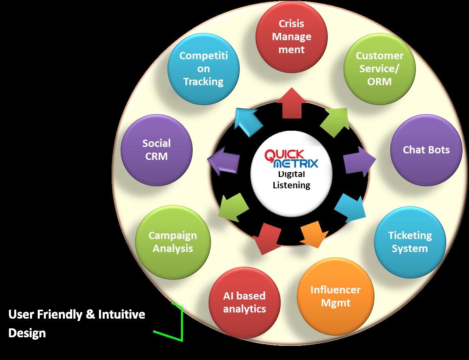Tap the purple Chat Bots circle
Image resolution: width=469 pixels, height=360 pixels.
pos(426,150)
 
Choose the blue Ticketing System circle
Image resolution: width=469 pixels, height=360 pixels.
pos(409,242)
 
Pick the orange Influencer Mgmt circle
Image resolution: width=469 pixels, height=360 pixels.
pos(335,296)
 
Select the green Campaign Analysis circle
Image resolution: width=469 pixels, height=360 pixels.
pos(172,242)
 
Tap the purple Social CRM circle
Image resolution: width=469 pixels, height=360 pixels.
pos(157,150)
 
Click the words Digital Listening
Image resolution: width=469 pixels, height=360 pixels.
pos(291,180)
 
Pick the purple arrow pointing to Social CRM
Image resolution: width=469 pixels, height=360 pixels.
pos(223,160)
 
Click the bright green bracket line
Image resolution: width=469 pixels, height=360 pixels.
pos(181,323)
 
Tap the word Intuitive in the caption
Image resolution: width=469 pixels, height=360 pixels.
pos(121,314)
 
